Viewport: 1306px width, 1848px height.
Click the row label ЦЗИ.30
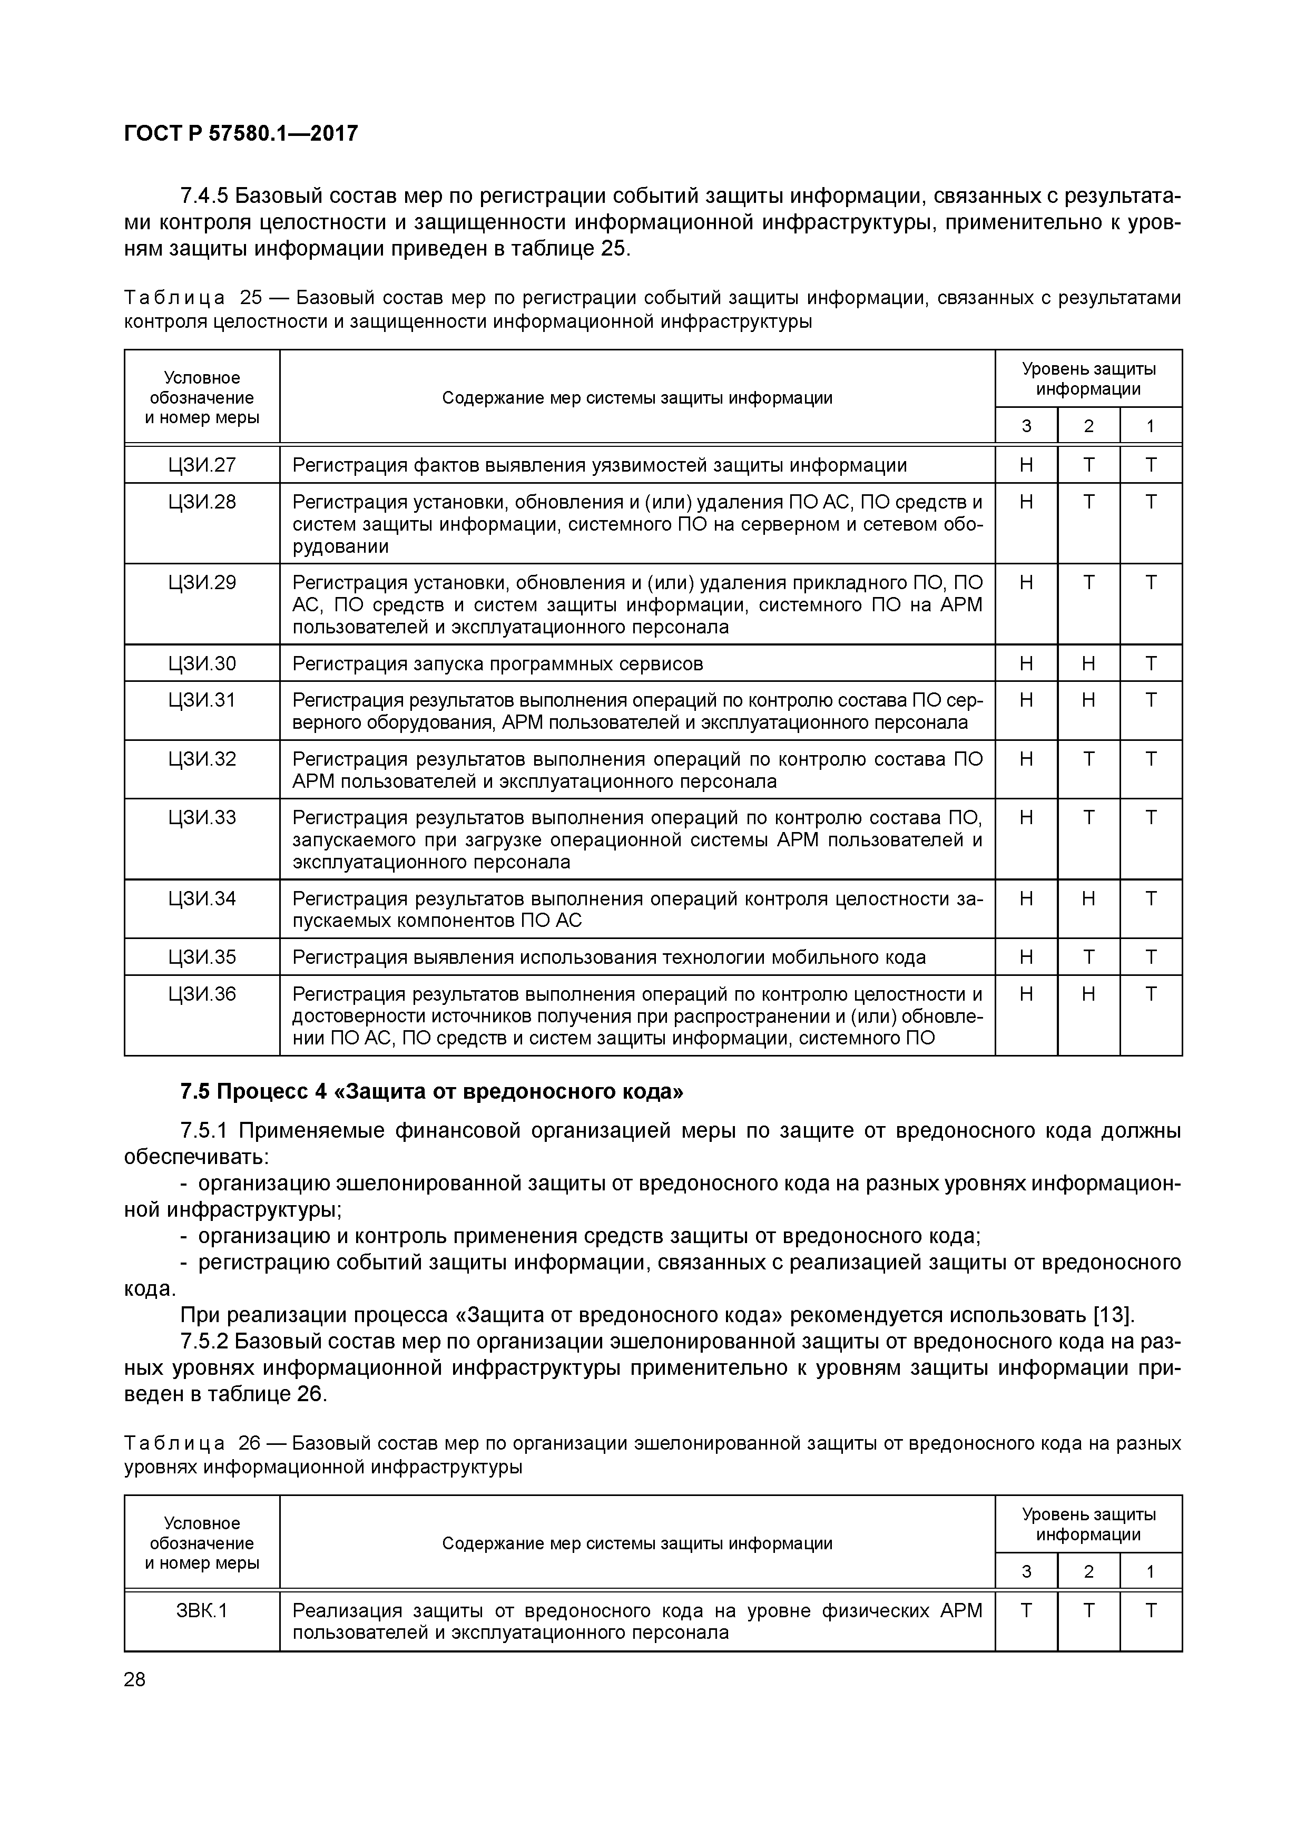click(x=202, y=663)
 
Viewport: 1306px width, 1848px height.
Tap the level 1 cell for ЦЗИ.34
click(x=1151, y=898)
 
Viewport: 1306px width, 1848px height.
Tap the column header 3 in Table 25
click(x=1026, y=426)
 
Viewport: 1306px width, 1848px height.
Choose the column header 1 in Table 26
click(x=1151, y=1571)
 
